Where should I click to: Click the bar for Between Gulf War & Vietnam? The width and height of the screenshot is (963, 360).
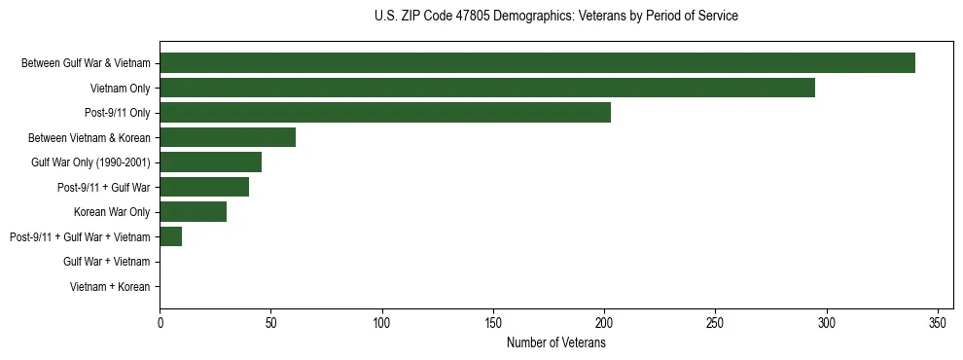(x=537, y=63)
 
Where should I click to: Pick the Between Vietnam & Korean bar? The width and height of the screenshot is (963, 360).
(x=228, y=137)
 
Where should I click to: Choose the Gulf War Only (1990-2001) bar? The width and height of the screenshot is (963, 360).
(x=210, y=162)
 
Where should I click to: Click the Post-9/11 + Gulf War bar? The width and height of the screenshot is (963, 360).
(x=204, y=187)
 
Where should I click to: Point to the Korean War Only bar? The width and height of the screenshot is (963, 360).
(x=193, y=212)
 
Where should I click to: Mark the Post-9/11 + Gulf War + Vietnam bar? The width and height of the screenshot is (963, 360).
(x=170, y=236)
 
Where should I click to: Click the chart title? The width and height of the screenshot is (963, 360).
(x=555, y=17)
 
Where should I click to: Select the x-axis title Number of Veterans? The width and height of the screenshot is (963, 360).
(x=555, y=343)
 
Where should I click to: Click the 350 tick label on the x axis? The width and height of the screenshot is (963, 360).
(x=938, y=322)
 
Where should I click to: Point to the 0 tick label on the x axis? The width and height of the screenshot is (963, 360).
(x=160, y=322)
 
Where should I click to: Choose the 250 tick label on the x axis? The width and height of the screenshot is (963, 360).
(x=715, y=322)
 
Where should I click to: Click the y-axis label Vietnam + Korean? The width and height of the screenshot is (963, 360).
(x=110, y=287)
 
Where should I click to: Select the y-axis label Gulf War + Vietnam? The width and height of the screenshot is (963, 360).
(x=106, y=262)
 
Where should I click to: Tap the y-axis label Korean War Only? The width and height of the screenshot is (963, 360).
(x=112, y=212)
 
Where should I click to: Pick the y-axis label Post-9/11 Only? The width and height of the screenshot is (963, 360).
(x=117, y=113)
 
